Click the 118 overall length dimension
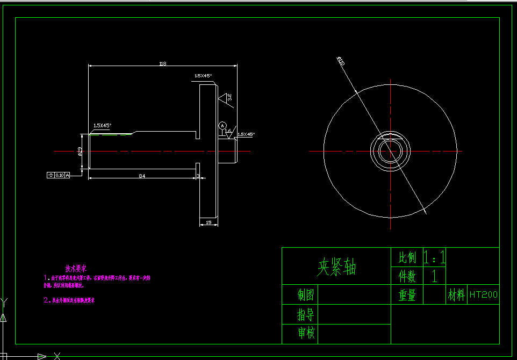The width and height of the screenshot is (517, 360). tap(163, 63)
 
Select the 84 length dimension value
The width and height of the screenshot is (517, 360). tap(142, 176)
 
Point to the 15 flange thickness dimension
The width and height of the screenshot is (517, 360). tap(209, 223)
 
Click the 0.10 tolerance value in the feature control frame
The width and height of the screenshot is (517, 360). tap(59, 175)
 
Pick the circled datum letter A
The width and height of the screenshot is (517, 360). tap(222, 125)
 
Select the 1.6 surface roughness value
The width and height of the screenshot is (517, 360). tap(228, 131)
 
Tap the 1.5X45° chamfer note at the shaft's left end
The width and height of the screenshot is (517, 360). tap(102, 125)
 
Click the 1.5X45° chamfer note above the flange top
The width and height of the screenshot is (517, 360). tap(203, 76)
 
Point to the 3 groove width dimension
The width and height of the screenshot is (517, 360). tap(198, 176)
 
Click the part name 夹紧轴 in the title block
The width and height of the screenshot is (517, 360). tap(336, 267)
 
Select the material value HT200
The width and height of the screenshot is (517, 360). tap(484, 295)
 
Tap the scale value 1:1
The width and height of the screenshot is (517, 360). tap(434, 257)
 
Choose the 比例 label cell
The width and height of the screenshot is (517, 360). tap(407, 257)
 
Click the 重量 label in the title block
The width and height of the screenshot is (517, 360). tap(407, 295)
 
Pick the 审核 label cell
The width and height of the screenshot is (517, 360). tap(306, 333)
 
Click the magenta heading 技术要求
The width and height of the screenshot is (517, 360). tap(76, 268)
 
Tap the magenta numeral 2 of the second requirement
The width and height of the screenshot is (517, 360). tap(46, 300)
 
